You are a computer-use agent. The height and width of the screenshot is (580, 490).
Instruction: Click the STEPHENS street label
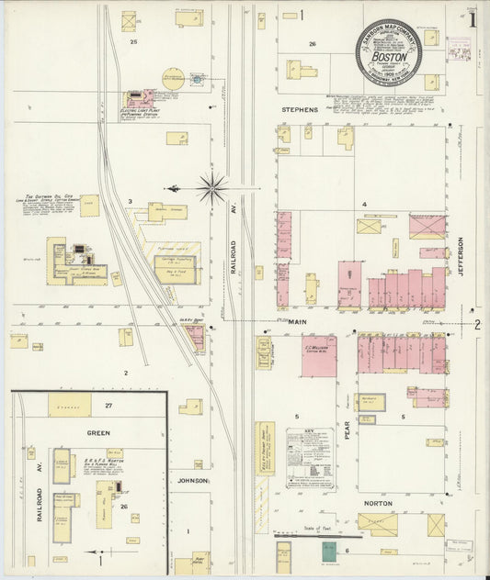pos(300,110)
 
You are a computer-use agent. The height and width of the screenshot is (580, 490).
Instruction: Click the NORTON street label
pos(377,504)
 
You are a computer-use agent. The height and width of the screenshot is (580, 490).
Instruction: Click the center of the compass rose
pos(212,188)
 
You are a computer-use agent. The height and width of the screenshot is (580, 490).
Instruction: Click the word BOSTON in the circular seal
pos(390,54)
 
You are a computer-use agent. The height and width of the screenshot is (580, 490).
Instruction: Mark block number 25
pos(133,42)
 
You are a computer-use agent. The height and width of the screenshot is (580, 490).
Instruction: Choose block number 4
pos(364,204)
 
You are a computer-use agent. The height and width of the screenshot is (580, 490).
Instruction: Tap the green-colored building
pos(328,552)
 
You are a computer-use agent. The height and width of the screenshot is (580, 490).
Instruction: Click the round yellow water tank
pos(174,79)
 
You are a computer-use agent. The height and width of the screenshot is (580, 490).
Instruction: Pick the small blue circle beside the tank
pos(196,80)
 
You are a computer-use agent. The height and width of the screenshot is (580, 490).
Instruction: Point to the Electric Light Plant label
pos(142,109)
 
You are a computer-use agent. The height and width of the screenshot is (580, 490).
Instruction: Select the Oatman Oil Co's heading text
pos(55,196)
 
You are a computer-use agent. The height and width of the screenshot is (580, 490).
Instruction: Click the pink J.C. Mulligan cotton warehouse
pos(318,356)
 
